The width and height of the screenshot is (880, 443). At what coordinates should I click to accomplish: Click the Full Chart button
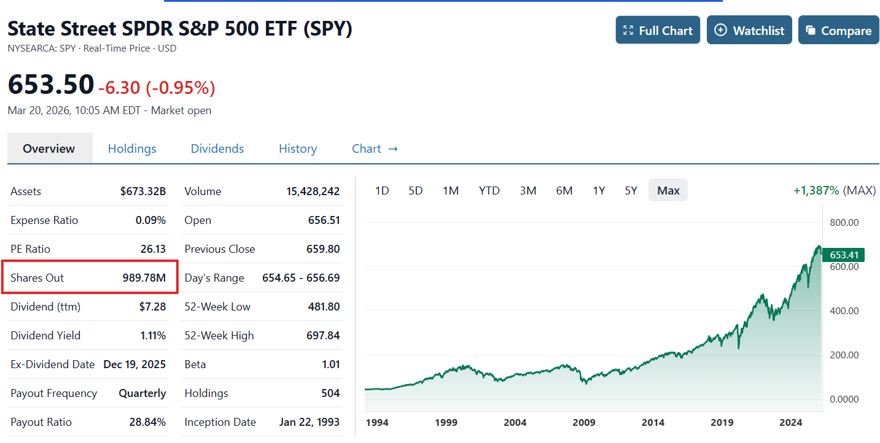pos(658,30)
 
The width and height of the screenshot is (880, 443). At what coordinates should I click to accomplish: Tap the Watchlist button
pos(749,30)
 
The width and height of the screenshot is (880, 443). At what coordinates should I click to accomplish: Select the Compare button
pos(838,30)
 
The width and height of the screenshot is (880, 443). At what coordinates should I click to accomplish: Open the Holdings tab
pos(132,148)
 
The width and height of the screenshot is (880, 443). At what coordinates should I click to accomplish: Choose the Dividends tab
pos(217,148)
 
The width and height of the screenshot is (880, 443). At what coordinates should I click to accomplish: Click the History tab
pos(298,148)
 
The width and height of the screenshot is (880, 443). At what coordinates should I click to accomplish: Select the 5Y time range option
pos(631,190)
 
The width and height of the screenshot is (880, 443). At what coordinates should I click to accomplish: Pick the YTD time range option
pos(489,190)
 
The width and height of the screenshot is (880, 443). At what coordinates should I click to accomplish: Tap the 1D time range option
pos(382,190)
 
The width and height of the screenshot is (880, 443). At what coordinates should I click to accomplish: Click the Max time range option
pos(668,190)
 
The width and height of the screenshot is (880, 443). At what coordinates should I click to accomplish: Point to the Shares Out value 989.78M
pos(144,278)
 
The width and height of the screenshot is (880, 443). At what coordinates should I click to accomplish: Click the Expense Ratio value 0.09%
pos(150,220)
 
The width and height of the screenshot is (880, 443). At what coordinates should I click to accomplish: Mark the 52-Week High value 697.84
pos(324,336)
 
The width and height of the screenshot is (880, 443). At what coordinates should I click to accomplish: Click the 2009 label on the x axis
pos(584,422)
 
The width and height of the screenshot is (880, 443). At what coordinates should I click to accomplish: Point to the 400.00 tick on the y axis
pos(844,310)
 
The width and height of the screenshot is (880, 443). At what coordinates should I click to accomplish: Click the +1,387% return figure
pos(816,190)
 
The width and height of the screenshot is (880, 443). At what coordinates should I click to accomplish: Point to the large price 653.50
pos(51,85)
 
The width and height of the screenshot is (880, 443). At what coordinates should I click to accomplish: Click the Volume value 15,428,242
pos(313,191)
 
